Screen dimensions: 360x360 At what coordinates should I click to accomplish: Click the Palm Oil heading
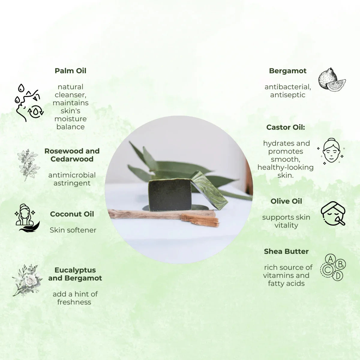click(70, 71)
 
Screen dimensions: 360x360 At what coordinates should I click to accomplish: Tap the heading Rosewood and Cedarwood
click(72, 155)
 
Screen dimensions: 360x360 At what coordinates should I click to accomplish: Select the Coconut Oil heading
click(72, 214)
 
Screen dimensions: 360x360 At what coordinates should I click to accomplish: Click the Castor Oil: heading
click(286, 127)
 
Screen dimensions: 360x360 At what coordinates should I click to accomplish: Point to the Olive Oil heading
click(286, 201)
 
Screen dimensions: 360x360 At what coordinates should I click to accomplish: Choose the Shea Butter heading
click(286, 251)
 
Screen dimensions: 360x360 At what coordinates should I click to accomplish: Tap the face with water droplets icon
click(29, 103)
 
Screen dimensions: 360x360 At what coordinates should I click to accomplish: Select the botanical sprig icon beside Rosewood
click(28, 165)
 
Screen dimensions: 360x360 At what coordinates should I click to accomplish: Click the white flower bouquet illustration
click(27, 280)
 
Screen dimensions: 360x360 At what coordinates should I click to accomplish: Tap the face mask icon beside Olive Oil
click(333, 213)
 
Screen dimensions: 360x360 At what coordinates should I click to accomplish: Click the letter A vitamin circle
click(330, 259)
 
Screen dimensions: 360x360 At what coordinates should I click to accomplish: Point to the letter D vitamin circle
click(337, 276)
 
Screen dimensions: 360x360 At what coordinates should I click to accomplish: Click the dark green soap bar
click(169, 195)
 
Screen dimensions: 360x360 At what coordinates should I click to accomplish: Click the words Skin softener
click(73, 230)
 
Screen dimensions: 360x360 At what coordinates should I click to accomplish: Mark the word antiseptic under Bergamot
click(288, 95)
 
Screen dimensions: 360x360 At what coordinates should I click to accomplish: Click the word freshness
click(74, 302)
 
